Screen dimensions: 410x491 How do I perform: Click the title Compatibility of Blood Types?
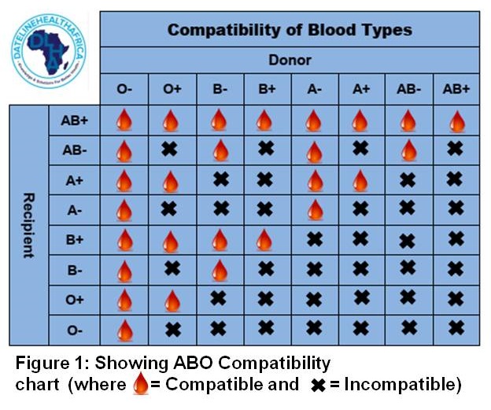[x=290, y=31]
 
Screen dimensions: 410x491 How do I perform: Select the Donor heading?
[x=290, y=60]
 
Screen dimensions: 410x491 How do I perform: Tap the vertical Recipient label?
[x=28, y=225]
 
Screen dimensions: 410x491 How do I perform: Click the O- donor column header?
[x=124, y=90]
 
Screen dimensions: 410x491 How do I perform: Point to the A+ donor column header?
[x=361, y=90]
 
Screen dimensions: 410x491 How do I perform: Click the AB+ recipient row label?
[x=75, y=120]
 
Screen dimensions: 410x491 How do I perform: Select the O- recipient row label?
[x=75, y=330]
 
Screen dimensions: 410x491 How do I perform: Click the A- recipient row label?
[x=75, y=210]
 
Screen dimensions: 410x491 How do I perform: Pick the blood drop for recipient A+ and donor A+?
[x=360, y=180]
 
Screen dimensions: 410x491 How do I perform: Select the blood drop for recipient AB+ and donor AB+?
[x=456, y=120]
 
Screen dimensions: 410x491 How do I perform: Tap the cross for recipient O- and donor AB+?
[x=456, y=329]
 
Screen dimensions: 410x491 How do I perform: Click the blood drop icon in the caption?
[x=141, y=385]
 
